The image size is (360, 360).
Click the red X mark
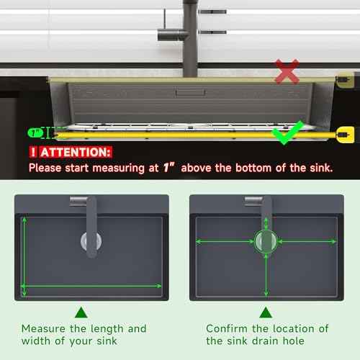point(287,71)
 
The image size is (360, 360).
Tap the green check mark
point(287,133)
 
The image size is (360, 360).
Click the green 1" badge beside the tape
point(35,132)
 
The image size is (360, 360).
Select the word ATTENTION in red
point(75,152)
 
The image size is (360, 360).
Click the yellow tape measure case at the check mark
point(345,135)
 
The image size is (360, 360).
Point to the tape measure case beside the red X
point(345,80)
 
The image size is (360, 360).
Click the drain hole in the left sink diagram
point(91,241)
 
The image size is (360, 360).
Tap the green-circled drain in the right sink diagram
point(266,241)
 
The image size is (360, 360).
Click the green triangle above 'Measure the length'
point(81,312)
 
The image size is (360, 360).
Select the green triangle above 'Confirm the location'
point(266,312)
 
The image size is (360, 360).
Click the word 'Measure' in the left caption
point(43,328)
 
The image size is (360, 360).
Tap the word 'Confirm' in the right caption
point(227,328)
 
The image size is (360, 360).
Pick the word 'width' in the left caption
point(36,341)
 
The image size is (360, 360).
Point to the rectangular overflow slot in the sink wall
point(190,92)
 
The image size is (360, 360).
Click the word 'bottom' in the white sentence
point(253,168)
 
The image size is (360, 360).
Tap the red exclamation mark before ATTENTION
point(33,152)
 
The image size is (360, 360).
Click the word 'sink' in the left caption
point(107,341)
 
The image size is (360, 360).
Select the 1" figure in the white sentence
point(169,167)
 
